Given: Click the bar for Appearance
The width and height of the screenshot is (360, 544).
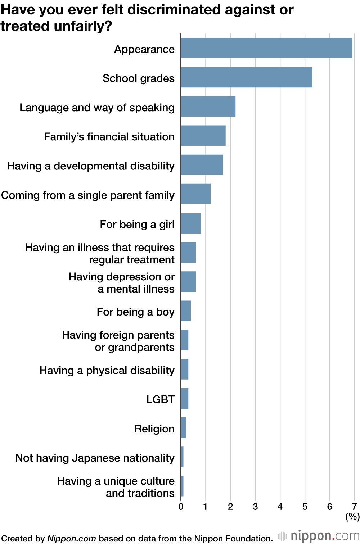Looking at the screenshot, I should [x=266, y=48].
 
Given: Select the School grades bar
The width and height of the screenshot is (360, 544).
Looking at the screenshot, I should [x=247, y=77].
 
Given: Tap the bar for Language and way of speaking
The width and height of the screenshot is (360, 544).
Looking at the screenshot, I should [x=208, y=106].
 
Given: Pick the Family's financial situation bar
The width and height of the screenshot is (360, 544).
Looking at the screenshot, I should [x=203, y=136].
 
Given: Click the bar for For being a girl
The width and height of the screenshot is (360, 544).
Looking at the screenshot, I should [x=191, y=223].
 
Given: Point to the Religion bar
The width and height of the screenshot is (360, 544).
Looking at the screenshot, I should [x=183, y=428].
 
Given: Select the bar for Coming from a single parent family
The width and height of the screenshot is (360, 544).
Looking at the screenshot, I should [x=195, y=194].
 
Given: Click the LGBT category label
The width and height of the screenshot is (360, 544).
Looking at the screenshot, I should [x=160, y=399].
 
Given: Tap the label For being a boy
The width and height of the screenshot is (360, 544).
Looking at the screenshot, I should [x=135, y=312].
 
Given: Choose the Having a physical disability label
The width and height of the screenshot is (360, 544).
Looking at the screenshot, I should [x=107, y=370].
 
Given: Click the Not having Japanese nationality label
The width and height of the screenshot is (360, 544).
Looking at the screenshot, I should [x=95, y=458].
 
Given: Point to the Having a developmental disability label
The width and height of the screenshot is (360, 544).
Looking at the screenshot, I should [x=91, y=166].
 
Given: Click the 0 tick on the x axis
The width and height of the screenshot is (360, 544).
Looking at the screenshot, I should [x=181, y=507].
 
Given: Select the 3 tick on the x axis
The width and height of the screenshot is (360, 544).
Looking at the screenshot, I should [x=255, y=507].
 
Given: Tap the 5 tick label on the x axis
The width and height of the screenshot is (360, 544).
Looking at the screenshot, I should [x=305, y=507].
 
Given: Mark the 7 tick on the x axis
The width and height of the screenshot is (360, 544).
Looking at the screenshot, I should [x=354, y=507].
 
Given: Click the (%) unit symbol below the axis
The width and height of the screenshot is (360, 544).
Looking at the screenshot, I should [x=352, y=517].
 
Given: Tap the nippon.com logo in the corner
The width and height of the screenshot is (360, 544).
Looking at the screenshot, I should [x=319, y=536].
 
